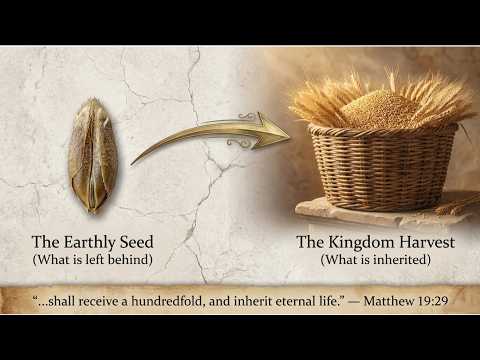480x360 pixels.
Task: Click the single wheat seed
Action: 93,155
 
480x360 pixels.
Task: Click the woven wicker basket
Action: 382,167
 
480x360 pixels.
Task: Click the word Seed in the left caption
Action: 137,242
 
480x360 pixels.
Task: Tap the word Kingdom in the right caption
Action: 362,243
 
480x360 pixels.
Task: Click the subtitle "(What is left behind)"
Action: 93,259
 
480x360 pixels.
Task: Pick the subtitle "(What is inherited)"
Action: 376,259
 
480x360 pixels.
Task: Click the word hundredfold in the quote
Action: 170,301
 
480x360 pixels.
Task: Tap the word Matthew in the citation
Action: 388,301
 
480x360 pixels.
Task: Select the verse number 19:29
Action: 432,301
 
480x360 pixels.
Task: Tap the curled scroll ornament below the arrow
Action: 239,144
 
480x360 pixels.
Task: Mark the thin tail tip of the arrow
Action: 131,164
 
